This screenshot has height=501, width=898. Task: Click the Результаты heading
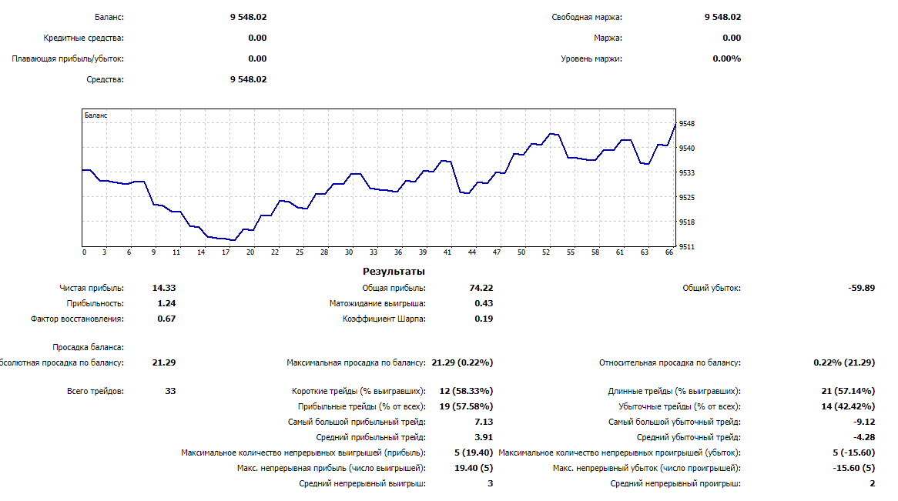394,272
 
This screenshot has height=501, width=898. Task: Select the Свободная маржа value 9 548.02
722,17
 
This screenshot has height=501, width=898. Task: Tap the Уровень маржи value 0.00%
726,58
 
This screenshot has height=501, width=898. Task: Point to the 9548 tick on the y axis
688,124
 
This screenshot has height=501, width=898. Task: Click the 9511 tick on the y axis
688,247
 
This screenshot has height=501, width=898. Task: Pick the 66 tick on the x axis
669,252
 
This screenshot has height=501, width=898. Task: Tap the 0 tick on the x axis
84,252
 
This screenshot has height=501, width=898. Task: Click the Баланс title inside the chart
96,115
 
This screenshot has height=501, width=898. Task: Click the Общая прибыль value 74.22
481,288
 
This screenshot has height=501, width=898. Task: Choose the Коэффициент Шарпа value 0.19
484,319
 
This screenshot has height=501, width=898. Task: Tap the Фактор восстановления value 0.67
166,319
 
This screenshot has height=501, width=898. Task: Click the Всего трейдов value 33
170,391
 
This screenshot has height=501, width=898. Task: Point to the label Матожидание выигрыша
377,303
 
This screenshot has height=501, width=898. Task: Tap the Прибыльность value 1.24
166,303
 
